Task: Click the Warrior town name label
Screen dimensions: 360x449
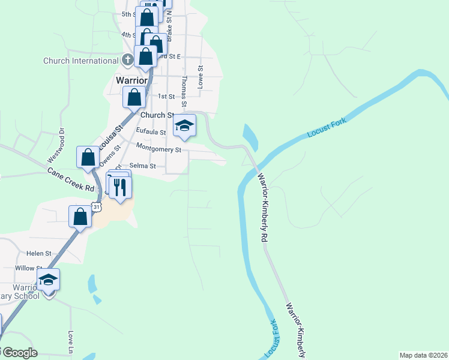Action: click(x=131, y=80)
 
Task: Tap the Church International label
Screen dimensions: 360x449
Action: click(x=81, y=61)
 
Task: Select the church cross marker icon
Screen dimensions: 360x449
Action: click(x=127, y=59)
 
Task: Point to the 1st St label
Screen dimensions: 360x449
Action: click(x=166, y=96)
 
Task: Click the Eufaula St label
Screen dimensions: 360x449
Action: click(x=151, y=131)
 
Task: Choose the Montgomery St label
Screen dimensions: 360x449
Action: click(x=158, y=148)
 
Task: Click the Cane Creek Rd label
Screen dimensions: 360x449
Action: click(x=71, y=179)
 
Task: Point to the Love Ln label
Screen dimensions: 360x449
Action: click(x=71, y=341)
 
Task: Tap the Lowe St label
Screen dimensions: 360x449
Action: click(x=201, y=77)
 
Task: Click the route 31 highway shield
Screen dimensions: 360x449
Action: click(x=96, y=207)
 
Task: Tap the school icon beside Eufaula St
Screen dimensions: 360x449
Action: click(x=184, y=125)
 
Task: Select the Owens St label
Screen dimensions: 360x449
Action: click(x=109, y=154)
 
